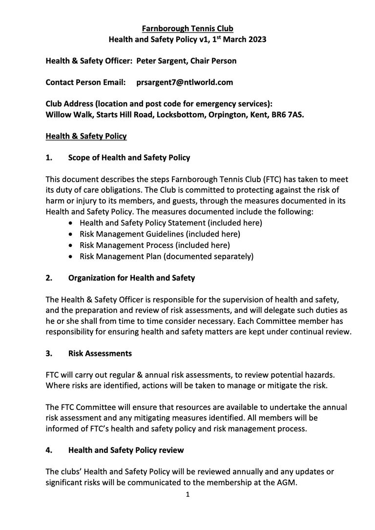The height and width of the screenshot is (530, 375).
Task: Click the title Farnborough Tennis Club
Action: click(x=187, y=29)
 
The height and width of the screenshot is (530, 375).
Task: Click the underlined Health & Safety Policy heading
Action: click(x=86, y=136)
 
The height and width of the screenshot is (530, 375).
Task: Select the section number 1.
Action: click(x=49, y=158)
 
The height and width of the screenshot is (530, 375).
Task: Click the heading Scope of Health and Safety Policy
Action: click(x=129, y=158)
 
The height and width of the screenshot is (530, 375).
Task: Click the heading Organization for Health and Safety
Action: click(x=131, y=278)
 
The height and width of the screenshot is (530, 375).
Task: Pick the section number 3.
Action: click(x=49, y=353)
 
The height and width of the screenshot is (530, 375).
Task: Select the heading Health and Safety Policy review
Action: click(x=126, y=450)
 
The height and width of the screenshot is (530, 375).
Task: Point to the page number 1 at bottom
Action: click(x=187, y=494)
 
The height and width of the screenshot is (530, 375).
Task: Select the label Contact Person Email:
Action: click(x=85, y=82)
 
